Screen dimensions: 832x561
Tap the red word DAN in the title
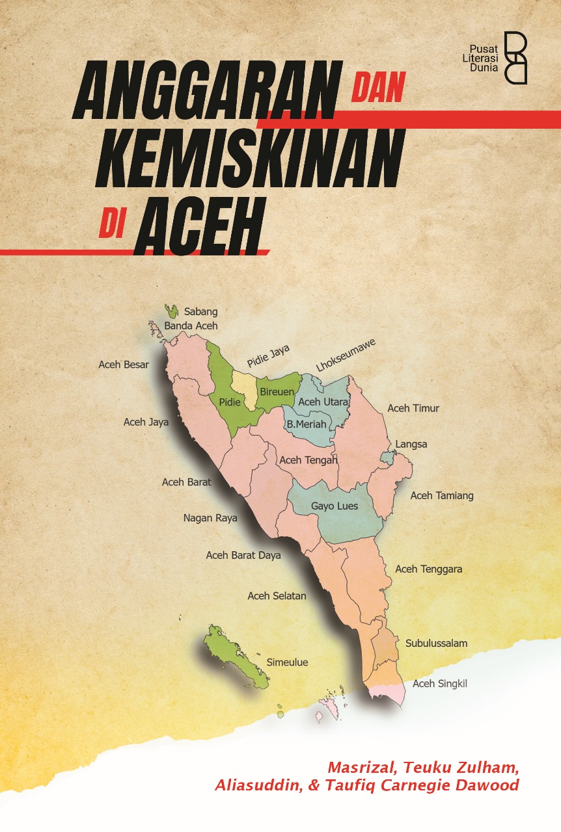(x=378, y=87)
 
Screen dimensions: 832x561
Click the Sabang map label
(x=200, y=311)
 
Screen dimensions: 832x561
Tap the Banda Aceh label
(x=191, y=326)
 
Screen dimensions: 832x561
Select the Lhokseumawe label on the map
(x=346, y=356)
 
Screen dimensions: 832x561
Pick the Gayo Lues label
(x=335, y=506)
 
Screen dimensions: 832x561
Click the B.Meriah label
(x=307, y=424)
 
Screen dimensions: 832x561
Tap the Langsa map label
(x=411, y=445)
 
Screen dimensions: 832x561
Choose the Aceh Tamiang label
(x=442, y=495)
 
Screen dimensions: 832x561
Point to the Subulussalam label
(x=436, y=643)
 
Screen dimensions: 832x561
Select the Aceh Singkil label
(x=440, y=684)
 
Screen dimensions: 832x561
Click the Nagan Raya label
(x=210, y=518)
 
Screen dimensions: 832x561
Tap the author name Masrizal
(x=359, y=768)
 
